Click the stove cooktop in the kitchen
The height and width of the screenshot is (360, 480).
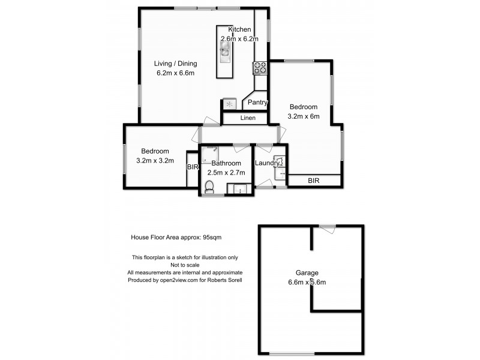260,68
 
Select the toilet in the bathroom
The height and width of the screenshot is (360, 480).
209,187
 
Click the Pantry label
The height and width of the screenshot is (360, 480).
257,102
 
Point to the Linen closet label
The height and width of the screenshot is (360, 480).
248,118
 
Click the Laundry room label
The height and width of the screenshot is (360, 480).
267,163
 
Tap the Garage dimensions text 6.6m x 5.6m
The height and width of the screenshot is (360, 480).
307,282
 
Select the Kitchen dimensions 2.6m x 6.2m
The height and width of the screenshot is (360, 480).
239,39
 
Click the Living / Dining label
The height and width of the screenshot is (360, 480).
175,64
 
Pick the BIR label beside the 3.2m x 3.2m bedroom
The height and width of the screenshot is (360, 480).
193,167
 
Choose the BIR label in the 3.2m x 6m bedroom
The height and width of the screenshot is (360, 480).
314,181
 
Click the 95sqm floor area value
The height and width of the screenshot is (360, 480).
212,237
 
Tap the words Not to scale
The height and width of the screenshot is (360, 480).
185,265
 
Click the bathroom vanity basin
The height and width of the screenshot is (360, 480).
240,189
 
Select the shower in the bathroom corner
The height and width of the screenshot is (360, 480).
211,154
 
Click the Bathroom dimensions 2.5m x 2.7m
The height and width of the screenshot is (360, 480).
226,173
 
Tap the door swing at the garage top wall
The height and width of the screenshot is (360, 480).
328,229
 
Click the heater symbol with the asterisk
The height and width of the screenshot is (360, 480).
230,104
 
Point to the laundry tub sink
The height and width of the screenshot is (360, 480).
280,174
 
